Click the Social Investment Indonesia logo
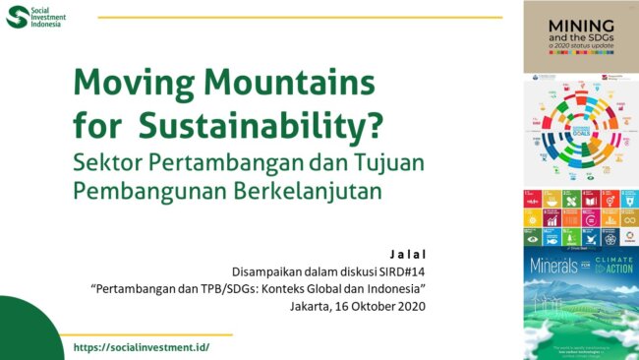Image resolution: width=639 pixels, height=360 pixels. [x=36, y=18]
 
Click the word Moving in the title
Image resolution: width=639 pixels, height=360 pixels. [x=126, y=81]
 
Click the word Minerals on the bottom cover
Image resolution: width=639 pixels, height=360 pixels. [x=558, y=266]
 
